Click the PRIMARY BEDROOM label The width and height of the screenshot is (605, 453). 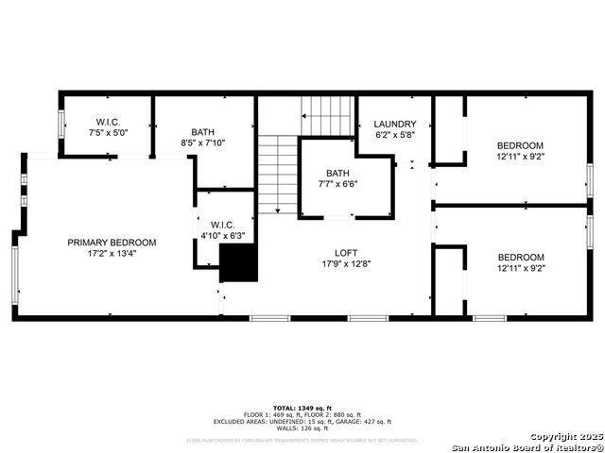pyautogui.click(x=112, y=243)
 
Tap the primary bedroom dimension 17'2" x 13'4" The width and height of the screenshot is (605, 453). pyautogui.click(x=112, y=253)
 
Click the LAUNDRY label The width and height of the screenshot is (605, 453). pyautogui.click(x=394, y=124)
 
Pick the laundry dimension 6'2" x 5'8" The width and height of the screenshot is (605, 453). pyautogui.click(x=394, y=134)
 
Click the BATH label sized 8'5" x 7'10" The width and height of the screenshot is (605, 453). pyautogui.click(x=203, y=132)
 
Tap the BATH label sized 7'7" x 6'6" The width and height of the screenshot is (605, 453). pyautogui.click(x=337, y=173)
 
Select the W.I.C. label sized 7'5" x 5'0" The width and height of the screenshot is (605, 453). pyautogui.click(x=107, y=122)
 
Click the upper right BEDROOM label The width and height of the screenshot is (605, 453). pyautogui.click(x=521, y=145)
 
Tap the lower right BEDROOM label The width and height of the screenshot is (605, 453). pyautogui.click(x=521, y=258)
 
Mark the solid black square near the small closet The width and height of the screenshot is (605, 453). pyautogui.click(x=238, y=263)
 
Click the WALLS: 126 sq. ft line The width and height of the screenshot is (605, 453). pyautogui.click(x=302, y=428)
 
